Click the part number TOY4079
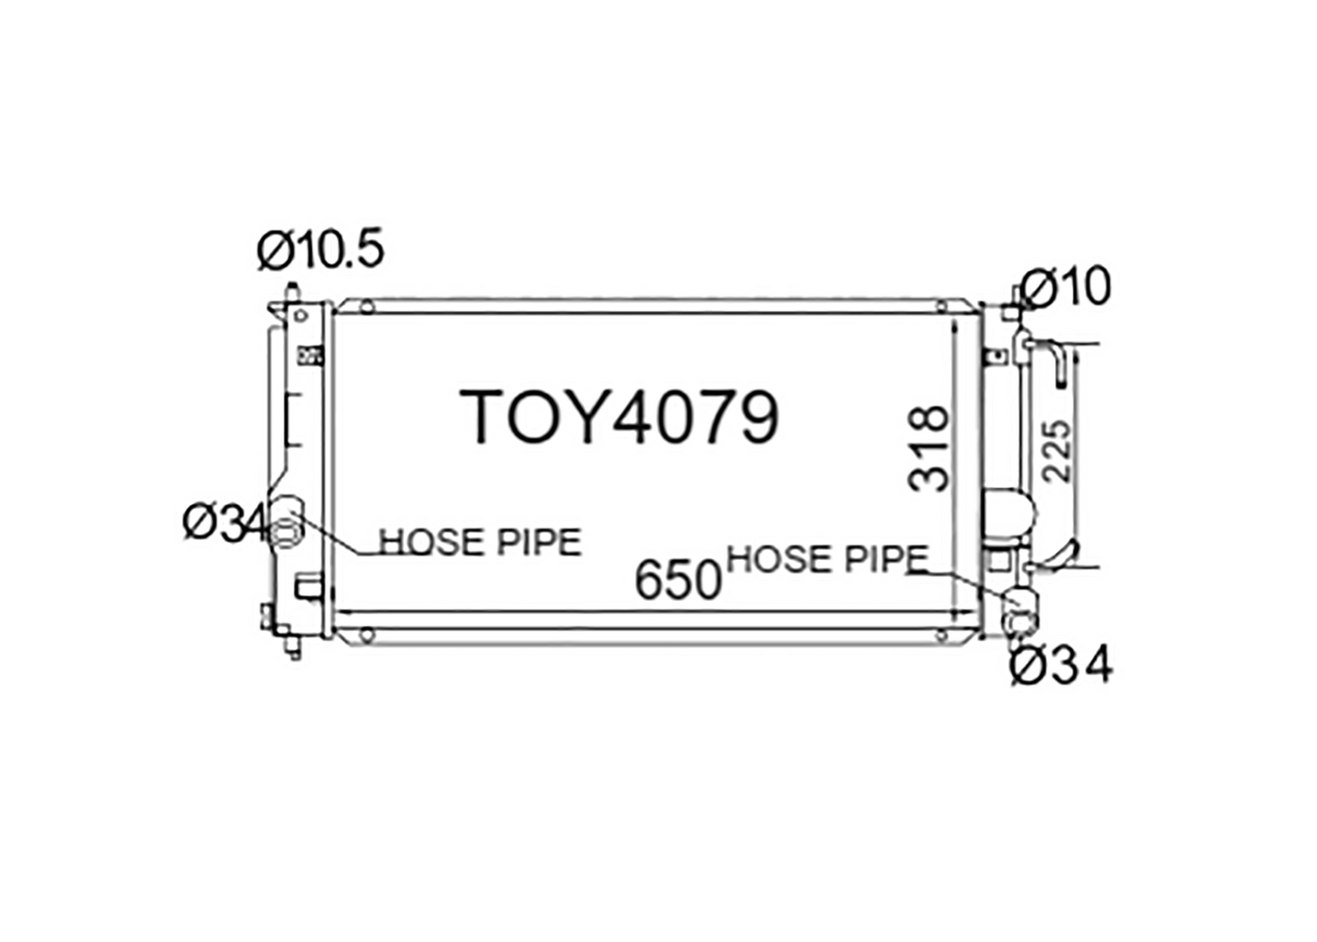coord(620,417)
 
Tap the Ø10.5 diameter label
coord(321,250)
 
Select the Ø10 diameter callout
coord(1065,287)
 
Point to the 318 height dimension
coord(929,449)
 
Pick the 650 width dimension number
coord(678,580)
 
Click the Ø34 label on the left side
coord(226,523)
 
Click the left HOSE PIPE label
coord(480,542)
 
